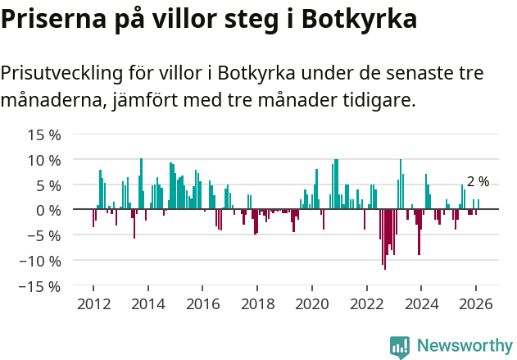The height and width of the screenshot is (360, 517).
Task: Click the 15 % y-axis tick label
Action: click(x=39, y=134)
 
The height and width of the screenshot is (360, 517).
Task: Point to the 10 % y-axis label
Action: click(x=39, y=160)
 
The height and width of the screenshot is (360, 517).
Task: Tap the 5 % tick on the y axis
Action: click(x=43, y=185)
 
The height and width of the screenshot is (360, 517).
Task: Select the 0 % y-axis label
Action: click(x=43, y=211)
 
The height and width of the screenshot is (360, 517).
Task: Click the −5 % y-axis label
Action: click(x=38, y=236)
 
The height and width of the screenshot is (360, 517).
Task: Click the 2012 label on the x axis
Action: click(x=93, y=304)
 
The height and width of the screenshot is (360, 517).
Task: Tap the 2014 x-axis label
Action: click(x=148, y=304)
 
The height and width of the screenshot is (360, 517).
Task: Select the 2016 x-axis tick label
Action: click(x=202, y=304)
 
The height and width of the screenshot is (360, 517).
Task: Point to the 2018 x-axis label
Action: click(x=257, y=304)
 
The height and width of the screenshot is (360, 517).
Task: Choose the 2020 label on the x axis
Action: click(x=312, y=304)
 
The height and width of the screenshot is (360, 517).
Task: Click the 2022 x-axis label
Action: click(x=367, y=304)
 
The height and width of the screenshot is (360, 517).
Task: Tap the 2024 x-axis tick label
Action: click(x=421, y=304)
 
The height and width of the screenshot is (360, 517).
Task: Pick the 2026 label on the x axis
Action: click(x=476, y=304)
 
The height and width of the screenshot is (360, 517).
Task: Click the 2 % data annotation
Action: click(x=478, y=182)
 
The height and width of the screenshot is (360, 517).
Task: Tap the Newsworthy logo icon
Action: click(x=400, y=346)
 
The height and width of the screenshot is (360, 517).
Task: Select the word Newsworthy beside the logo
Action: click(x=464, y=346)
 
